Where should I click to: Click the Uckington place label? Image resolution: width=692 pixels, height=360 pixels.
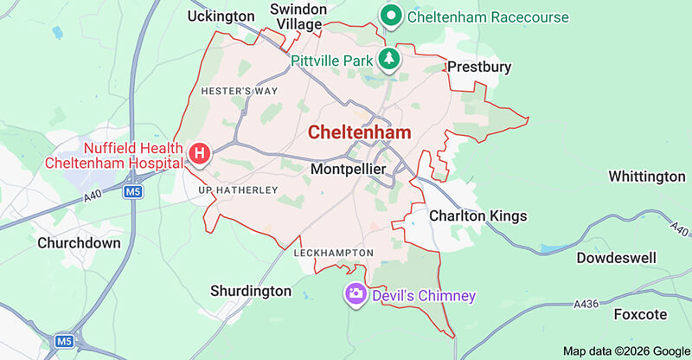[221, 16]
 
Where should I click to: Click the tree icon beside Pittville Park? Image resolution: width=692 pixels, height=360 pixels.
[390, 59]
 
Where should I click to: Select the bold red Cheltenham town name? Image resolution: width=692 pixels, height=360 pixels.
[359, 132]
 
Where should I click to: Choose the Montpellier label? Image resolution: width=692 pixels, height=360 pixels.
[348, 170]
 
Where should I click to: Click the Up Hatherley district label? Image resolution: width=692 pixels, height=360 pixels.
[238, 190]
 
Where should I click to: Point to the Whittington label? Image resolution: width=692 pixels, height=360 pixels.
[646, 177]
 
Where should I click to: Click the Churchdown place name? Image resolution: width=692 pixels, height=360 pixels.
[79, 243]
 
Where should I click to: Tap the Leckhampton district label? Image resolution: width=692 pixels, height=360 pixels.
[334, 253]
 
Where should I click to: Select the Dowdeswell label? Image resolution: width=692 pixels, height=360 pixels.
[617, 258]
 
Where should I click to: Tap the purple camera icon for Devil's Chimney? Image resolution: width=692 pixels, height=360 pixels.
[356, 294]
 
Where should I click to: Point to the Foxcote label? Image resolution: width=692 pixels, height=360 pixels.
[642, 313]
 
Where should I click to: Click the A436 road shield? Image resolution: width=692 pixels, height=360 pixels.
[586, 303]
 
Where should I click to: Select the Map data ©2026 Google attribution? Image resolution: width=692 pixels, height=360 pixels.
[625, 350]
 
